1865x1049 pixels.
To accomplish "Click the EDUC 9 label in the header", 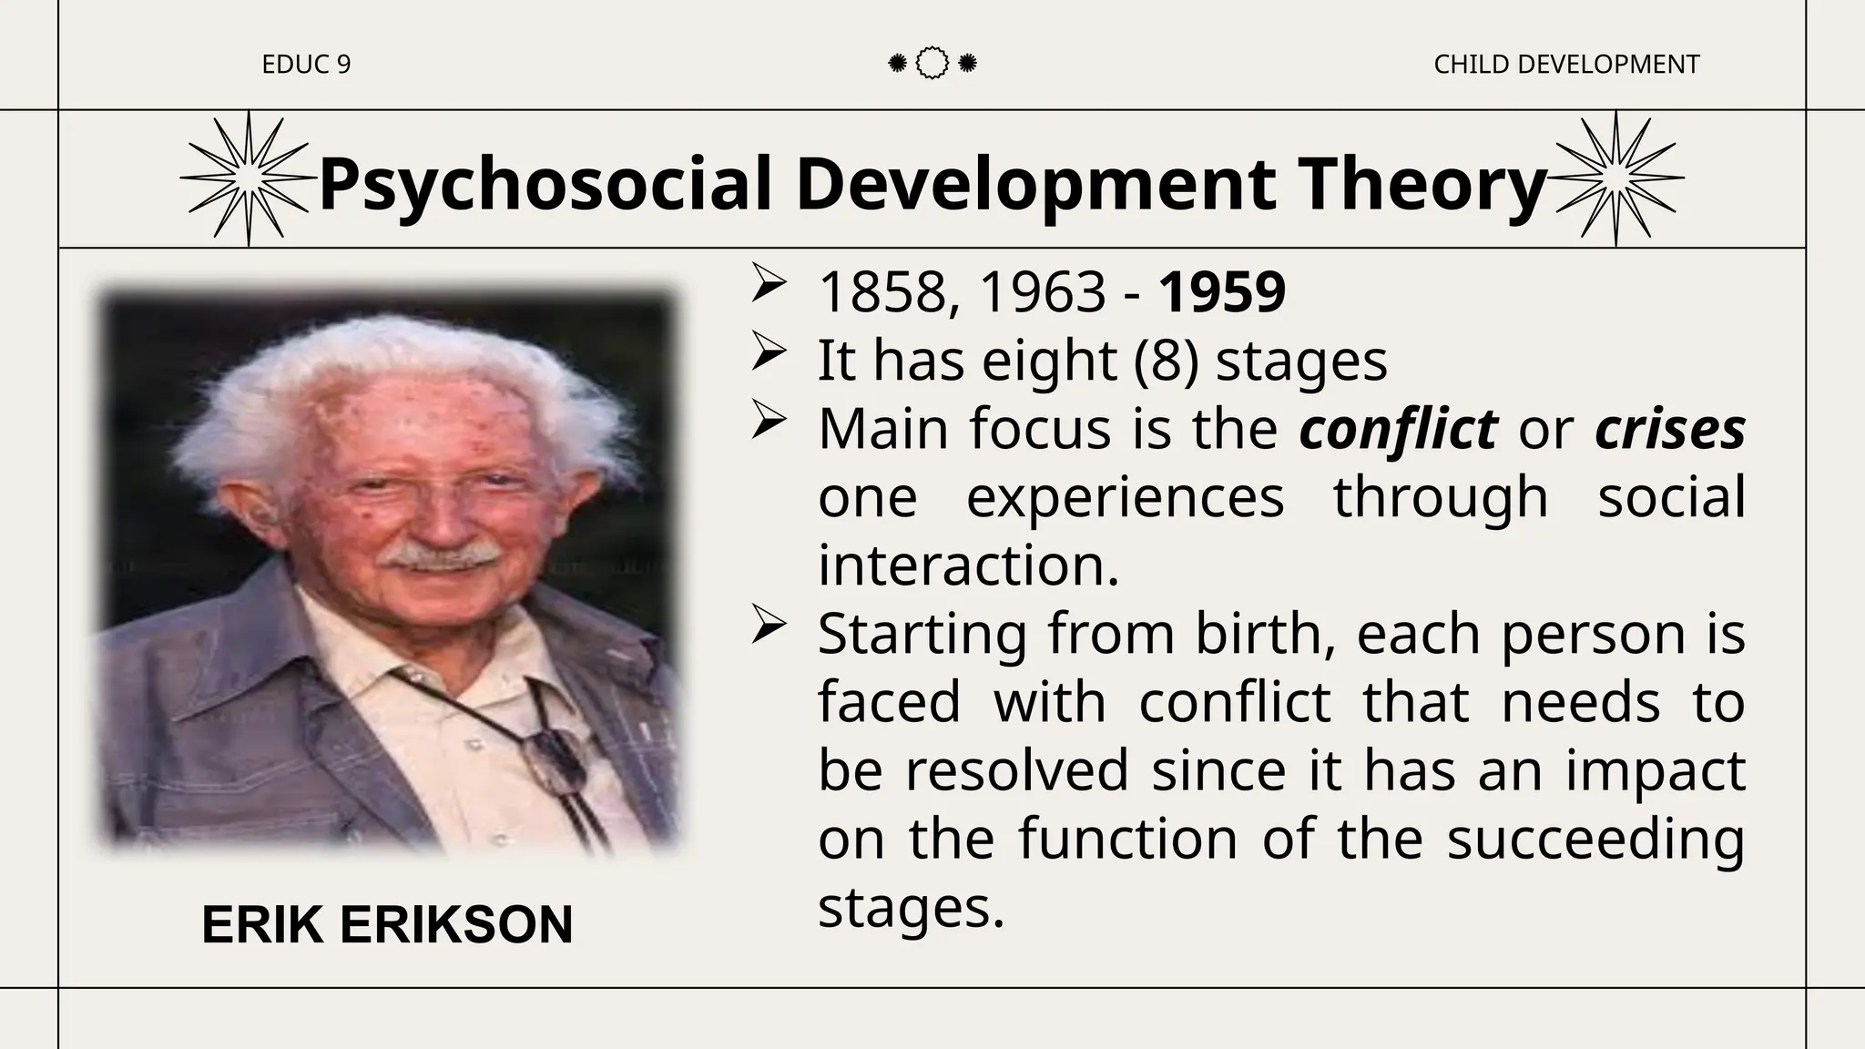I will (x=306, y=65).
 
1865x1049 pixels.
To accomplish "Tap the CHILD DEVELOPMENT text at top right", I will (x=1565, y=65).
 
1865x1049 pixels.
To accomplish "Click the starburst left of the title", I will (x=248, y=178).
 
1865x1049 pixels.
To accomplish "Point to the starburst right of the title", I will (x=1615, y=178).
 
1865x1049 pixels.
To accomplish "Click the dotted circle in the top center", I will (x=932, y=64).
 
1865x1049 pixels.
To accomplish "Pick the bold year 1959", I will (x=1222, y=292).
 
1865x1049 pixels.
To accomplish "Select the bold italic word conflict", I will (x=1398, y=428).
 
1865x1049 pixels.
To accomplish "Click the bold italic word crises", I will (x=1670, y=428).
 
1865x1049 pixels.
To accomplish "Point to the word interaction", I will (x=968, y=565).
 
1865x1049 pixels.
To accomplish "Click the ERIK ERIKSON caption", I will (x=387, y=925).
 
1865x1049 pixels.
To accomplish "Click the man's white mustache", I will (x=439, y=553).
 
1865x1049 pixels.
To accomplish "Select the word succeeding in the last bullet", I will (x=1595, y=839).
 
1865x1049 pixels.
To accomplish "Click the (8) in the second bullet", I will (x=1165, y=361).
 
